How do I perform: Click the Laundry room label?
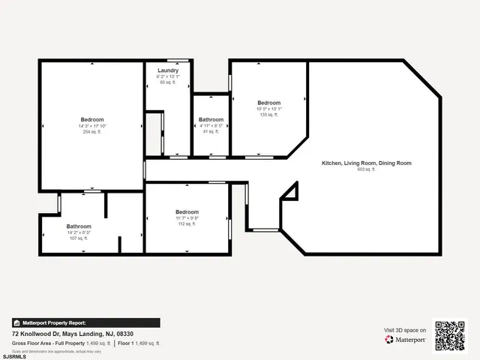point(167,70)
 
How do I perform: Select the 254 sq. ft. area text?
point(92,132)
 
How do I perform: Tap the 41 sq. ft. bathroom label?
point(211,131)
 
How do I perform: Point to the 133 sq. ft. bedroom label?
point(268,115)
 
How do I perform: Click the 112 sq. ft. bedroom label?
point(187,223)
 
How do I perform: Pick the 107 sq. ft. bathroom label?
point(79,238)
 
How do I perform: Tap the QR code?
point(450,335)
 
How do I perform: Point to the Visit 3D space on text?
point(405,330)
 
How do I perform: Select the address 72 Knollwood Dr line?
point(73,333)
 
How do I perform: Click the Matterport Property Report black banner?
point(85,323)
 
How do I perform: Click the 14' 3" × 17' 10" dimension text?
point(92,126)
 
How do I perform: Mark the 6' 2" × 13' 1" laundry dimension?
point(167,76)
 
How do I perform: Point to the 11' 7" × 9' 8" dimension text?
point(187,218)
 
